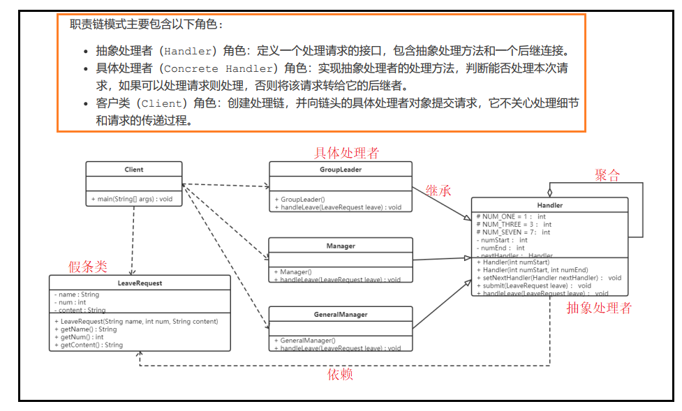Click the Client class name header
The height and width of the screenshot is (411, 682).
click(134, 170)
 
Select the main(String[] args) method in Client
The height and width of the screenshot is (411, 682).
click(132, 199)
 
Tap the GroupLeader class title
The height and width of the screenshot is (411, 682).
click(341, 170)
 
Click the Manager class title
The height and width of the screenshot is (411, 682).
click(341, 246)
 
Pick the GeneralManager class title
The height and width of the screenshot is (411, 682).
click(341, 315)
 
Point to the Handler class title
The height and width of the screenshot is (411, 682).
click(549, 205)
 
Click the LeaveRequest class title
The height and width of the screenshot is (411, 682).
click(140, 283)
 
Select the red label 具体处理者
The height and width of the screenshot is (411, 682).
click(346, 153)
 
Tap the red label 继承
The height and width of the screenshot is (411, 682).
click(438, 190)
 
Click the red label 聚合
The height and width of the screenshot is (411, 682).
click(607, 174)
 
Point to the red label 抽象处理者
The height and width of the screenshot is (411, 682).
click(599, 308)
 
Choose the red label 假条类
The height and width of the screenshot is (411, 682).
click(88, 267)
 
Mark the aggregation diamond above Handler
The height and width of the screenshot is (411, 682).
click(549, 191)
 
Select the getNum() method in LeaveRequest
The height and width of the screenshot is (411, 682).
click(82, 337)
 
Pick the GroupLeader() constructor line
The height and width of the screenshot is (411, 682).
click(299, 199)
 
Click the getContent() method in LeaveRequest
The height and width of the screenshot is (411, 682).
click(91, 345)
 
